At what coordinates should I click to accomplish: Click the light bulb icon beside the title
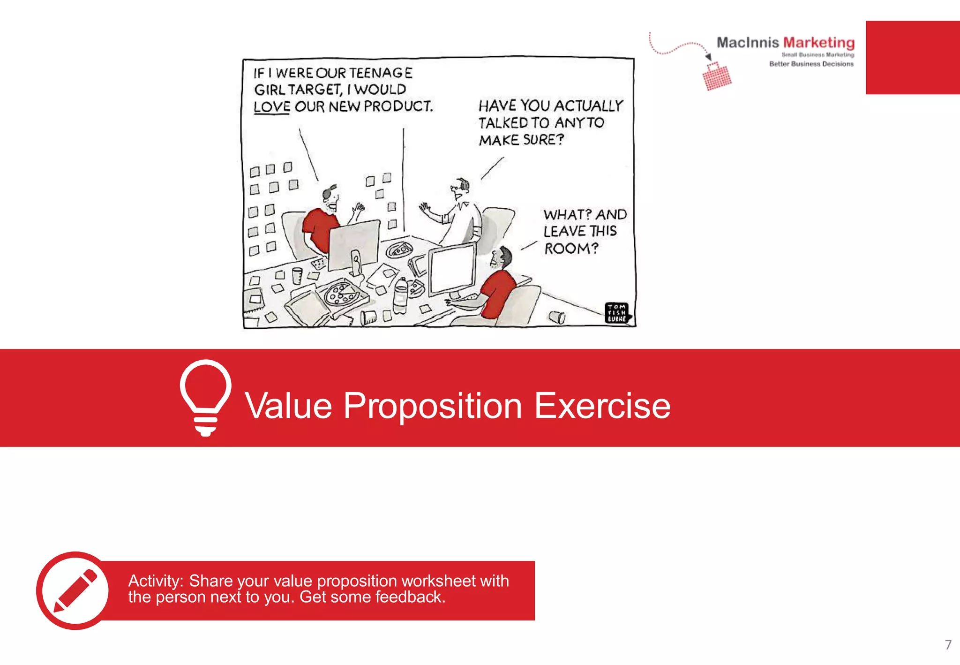click(x=205, y=397)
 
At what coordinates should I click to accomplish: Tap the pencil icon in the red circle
click(x=75, y=590)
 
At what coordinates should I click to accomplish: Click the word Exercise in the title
click(x=602, y=406)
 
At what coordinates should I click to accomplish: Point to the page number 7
click(x=948, y=645)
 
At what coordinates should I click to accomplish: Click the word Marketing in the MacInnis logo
click(x=818, y=43)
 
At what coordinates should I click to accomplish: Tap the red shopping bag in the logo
click(x=717, y=76)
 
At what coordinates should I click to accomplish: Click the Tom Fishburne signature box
click(x=617, y=313)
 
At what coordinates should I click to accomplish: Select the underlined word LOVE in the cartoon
click(x=272, y=107)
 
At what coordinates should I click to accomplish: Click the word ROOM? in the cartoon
click(x=571, y=248)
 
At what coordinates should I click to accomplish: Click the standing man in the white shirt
click(x=462, y=216)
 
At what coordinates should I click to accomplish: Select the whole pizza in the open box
click(x=342, y=294)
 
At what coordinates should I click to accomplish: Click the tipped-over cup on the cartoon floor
click(x=557, y=317)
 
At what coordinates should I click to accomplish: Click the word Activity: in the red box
click(x=156, y=581)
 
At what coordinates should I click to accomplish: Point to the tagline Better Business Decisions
click(x=811, y=64)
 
